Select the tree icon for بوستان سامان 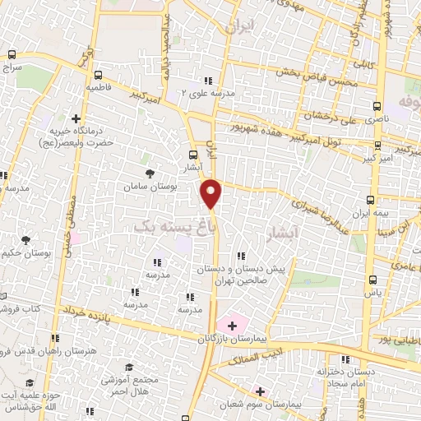click(149, 173)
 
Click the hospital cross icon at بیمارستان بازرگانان click(233, 326)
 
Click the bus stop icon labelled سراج click(11, 55)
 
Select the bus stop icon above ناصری click(377, 106)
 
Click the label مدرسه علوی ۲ click(208, 93)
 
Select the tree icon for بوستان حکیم click(25, 240)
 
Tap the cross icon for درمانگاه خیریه click(76, 118)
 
